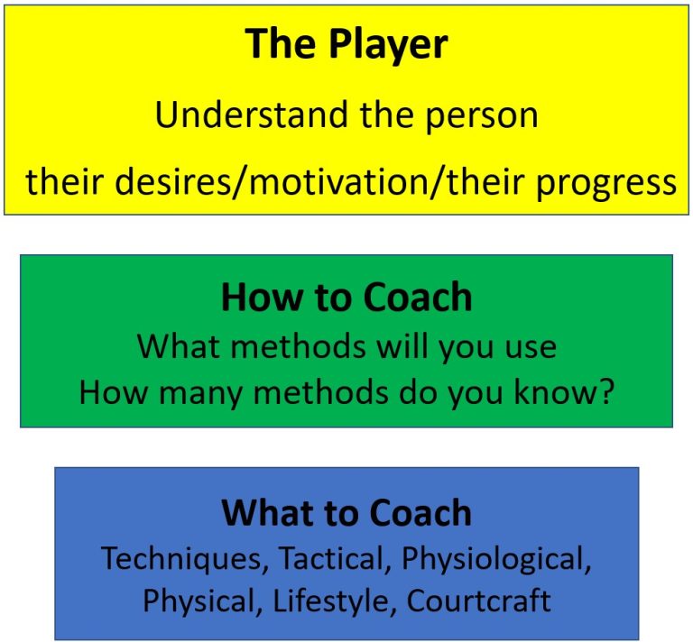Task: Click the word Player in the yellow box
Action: (x=389, y=44)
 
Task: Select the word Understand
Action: (x=251, y=115)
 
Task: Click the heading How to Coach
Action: (x=346, y=297)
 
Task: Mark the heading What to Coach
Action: (x=346, y=513)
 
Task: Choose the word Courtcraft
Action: (x=478, y=601)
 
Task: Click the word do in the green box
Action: (x=415, y=391)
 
